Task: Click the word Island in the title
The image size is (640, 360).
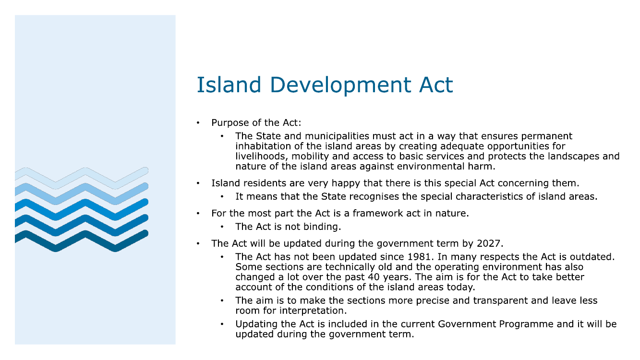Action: point(229,85)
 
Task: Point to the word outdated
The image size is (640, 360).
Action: point(591,257)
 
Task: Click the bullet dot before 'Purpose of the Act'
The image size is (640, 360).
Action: point(198,123)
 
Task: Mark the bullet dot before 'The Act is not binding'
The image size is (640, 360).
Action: point(222,227)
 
